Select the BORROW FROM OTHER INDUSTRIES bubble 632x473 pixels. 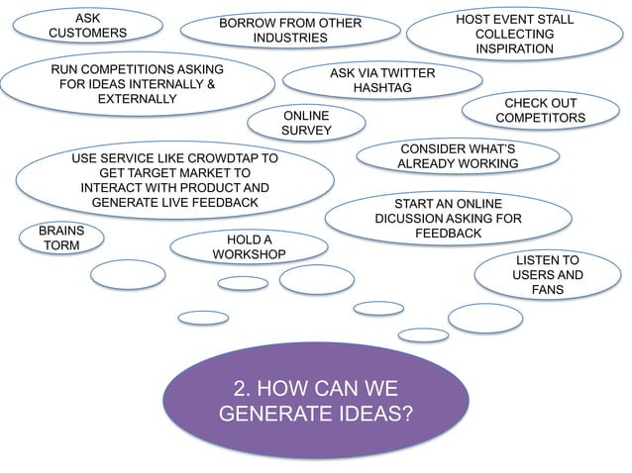[290, 31]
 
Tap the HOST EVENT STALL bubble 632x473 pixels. [514, 34]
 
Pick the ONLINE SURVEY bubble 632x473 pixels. [306, 123]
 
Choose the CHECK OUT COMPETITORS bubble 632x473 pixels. [540, 111]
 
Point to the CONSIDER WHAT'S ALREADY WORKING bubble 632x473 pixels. [458, 154]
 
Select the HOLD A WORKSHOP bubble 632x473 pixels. [249, 247]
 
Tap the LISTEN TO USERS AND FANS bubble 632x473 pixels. [547, 274]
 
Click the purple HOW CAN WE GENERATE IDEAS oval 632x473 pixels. [315, 399]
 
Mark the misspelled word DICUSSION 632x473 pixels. [410, 219]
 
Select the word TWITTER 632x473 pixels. [408, 73]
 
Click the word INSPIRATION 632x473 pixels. [514, 48]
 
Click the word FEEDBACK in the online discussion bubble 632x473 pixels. [448, 234]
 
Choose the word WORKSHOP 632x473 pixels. [249, 255]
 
